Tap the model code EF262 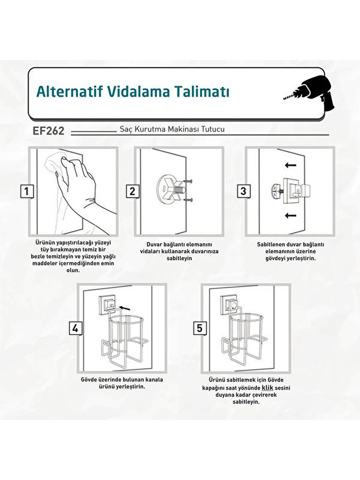point(48,131)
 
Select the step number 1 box point(27,192)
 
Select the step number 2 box point(132,192)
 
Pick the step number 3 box point(244,192)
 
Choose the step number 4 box point(76,329)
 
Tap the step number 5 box point(200,328)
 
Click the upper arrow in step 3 point(290,165)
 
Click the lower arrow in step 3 point(290,216)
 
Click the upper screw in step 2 point(188,181)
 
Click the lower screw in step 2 point(188,200)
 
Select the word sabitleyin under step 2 point(179,258)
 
